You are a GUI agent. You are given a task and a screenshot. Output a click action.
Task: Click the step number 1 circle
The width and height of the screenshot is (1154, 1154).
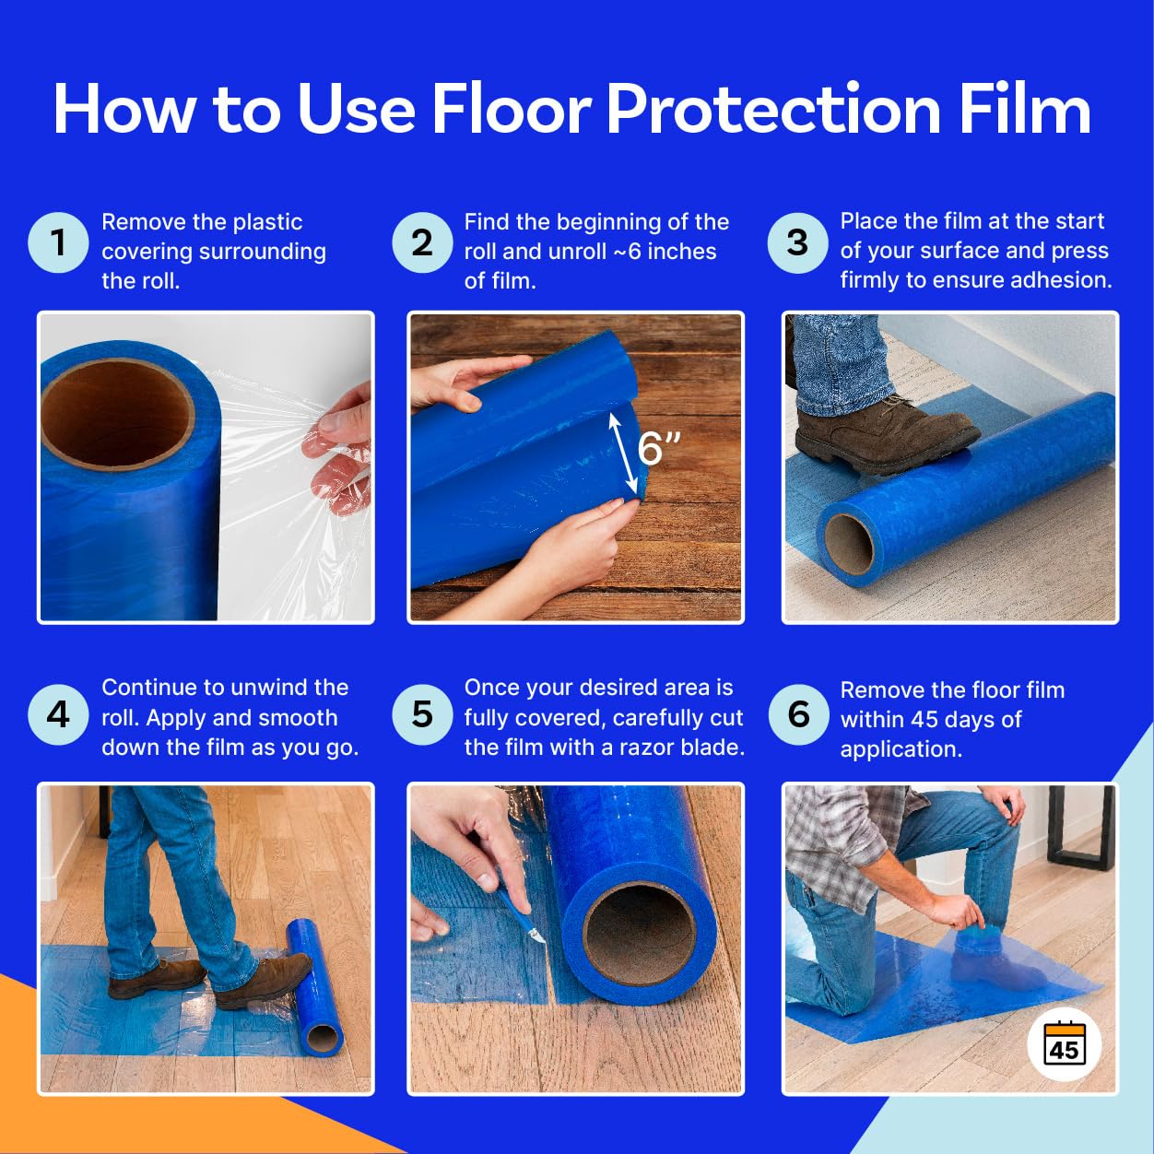click(58, 242)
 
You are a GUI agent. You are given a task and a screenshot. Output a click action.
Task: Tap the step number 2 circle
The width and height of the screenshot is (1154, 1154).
click(422, 242)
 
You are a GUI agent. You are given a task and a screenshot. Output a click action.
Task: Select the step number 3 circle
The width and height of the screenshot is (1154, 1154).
click(797, 242)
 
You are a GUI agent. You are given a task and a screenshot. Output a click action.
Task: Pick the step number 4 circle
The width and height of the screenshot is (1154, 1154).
click(58, 714)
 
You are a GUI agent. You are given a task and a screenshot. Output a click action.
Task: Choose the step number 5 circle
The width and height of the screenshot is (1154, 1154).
click(422, 714)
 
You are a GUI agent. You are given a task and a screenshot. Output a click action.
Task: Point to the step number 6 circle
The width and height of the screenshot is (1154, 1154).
click(798, 714)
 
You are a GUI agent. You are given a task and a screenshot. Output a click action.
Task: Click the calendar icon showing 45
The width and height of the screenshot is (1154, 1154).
click(1064, 1045)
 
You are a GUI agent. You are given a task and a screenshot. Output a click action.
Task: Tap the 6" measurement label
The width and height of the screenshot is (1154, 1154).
click(659, 449)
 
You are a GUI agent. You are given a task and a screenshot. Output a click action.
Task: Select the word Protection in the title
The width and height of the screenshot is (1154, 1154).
click(772, 110)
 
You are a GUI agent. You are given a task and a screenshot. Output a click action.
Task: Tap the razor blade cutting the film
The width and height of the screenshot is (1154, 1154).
click(533, 931)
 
